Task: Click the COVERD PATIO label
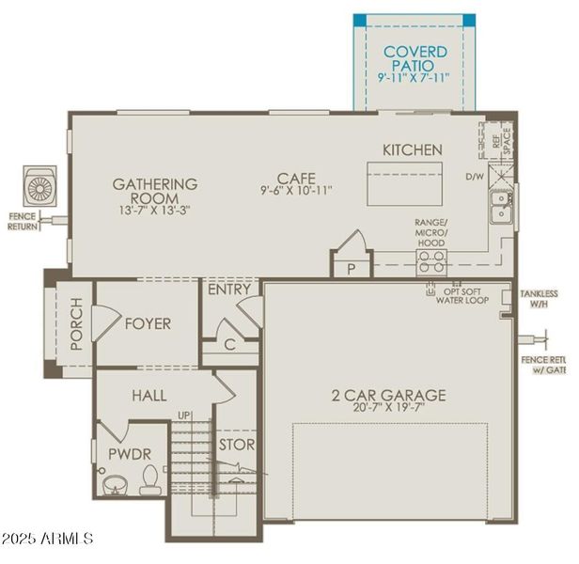coord(415,58)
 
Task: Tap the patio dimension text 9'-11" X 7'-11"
coord(415,77)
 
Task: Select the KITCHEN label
coord(412,150)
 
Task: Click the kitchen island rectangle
coord(402,183)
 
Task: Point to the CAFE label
coord(296,177)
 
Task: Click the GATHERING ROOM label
coord(155,191)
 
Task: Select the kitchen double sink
coord(501,206)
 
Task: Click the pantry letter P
coord(352,268)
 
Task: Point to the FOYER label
coord(148,324)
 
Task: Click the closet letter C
coord(230,345)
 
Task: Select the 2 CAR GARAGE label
coord(388,395)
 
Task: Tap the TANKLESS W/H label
coord(539,299)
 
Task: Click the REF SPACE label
coord(502,142)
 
